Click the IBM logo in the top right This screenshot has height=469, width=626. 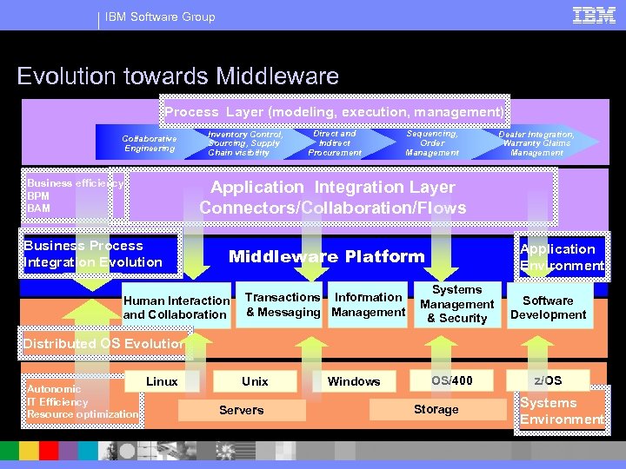(x=594, y=16)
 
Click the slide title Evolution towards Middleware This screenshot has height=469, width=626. (x=177, y=76)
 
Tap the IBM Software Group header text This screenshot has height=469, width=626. (x=160, y=17)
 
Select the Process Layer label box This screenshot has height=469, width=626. (x=335, y=112)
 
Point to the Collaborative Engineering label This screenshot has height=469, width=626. (x=149, y=143)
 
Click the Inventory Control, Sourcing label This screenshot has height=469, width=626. (x=244, y=143)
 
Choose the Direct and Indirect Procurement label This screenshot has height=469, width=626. (x=335, y=143)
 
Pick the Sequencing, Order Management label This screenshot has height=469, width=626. (x=432, y=143)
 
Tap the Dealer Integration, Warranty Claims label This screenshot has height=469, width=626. (x=536, y=143)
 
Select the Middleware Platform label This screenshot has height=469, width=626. (x=326, y=256)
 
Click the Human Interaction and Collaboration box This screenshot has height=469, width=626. (x=176, y=307)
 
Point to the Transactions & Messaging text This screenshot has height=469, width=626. (x=283, y=304)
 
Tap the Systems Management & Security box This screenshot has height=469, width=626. (x=456, y=304)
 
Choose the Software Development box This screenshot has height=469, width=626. (x=548, y=307)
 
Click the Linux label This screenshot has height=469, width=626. (x=162, y=381)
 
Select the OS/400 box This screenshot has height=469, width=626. (x=452, y=380)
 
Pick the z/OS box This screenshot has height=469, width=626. (x=548, y=380)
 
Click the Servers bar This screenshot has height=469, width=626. (x=241, y=410)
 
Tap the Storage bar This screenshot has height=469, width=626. (x=436, y=409)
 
